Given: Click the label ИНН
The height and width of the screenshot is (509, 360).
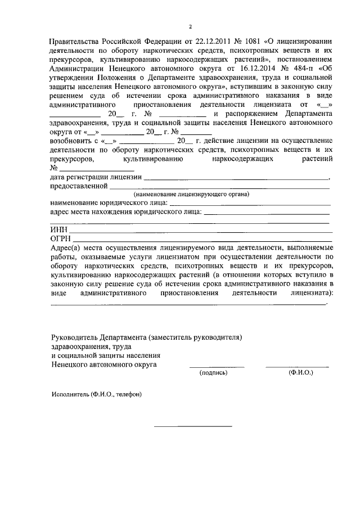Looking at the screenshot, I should pos(58,231).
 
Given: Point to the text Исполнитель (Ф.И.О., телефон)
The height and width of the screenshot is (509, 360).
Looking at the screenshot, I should pos(96,395).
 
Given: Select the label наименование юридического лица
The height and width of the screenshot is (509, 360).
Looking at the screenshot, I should pos(109,203).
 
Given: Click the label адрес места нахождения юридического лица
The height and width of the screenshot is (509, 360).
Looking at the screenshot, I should pos(125,213).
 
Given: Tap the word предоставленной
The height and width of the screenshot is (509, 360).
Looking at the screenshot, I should pos(79,186).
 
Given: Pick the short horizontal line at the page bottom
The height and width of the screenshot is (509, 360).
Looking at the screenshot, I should pos(193,426).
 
